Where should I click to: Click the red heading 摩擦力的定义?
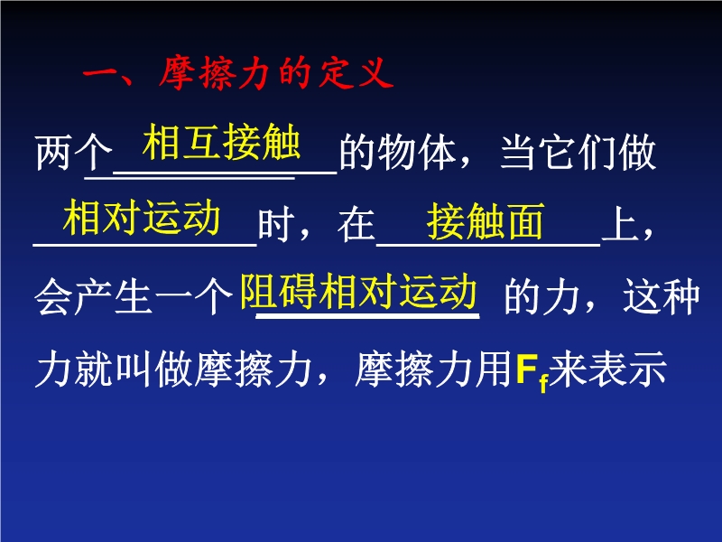(276, 73)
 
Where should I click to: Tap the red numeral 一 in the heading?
(101, 74)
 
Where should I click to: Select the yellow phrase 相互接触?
(221, 142)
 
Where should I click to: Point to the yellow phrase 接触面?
(485, 221)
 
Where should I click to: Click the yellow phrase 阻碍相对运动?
(358, 291)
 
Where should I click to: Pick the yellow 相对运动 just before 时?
(142, 218)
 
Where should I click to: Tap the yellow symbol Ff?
(532, 371)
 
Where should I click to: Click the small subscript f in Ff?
(544, 382)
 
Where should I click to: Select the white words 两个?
(74, 152)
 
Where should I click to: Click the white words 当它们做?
(579, 152)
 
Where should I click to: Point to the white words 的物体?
(398, 152)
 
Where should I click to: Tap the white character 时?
(276, 224)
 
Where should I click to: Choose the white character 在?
(356, 224)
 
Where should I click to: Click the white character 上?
(621, 224)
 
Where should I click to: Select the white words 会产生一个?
(134, 296)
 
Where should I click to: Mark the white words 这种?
(662, 296)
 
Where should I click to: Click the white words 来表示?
(607, 369)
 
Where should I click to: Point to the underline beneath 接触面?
(488, 245)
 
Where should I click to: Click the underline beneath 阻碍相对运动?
(367, 316)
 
